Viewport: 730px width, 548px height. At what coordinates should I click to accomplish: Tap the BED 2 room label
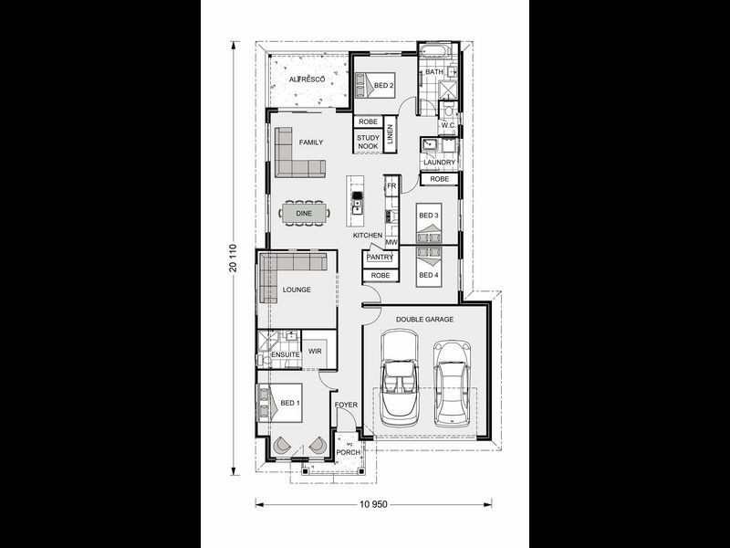[x=384, y=86]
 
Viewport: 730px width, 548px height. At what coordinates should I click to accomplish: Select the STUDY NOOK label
[x=368, y=142]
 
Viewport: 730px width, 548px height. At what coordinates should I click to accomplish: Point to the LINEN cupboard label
[x=390, y=134]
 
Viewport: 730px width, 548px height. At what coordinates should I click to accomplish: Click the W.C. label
[x=447, y=126]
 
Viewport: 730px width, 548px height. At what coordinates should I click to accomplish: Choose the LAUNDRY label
[x=439, y=163]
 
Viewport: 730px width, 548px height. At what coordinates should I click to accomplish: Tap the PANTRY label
[x=380, y=258]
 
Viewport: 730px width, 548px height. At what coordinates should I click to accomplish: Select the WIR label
[x=315, y=351]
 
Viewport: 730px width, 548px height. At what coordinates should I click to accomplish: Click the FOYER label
[x=346, y=404]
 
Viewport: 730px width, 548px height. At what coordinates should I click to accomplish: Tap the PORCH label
[x=349, y=452]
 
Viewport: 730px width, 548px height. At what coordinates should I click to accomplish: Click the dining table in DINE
[x=304, y=214]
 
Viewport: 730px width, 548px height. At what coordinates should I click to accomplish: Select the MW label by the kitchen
[x=391, y=242]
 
